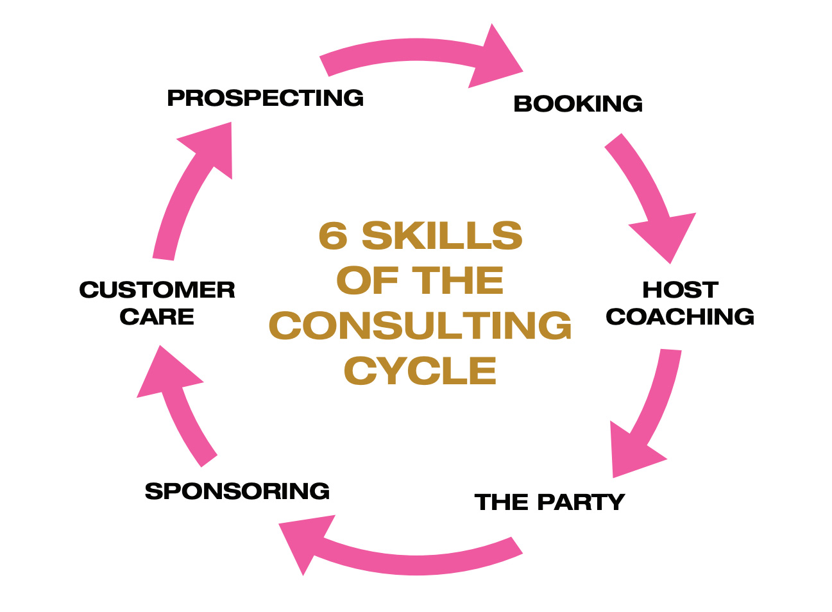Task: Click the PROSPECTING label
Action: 265,98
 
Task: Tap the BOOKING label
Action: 578,103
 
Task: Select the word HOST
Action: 680,289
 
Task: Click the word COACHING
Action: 680,316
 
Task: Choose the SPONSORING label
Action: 237,491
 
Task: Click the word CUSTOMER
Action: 157,289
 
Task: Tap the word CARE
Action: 157,316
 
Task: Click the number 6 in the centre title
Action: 333,235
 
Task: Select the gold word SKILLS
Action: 442,235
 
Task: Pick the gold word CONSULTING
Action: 420,325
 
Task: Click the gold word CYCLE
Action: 420,371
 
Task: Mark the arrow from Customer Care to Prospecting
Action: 192,186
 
